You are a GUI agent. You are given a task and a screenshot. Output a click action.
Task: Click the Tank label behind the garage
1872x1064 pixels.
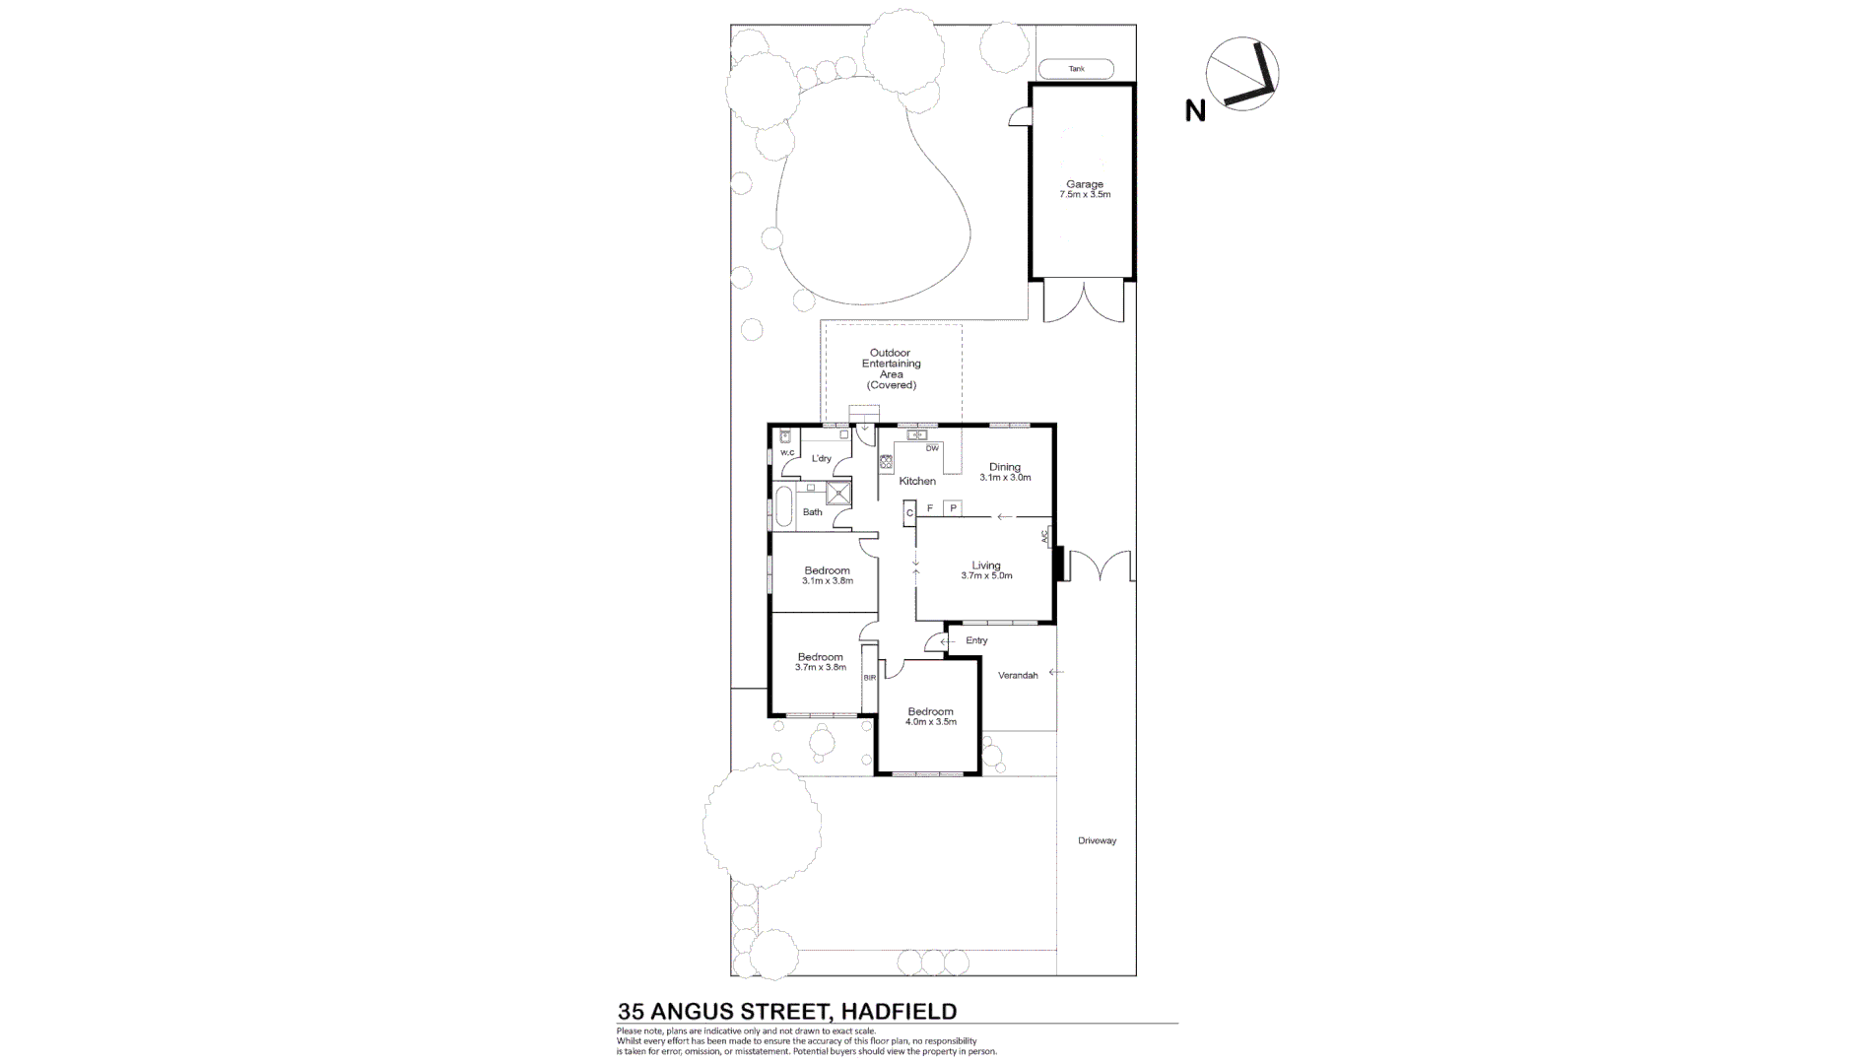pos(1076,69)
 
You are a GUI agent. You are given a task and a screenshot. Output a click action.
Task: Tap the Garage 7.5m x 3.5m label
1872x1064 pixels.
pos(1084,189)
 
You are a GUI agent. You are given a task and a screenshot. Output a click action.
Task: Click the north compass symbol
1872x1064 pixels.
pos(1242,76)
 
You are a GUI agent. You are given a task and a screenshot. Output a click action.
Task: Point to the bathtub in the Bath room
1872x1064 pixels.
pos(784,506)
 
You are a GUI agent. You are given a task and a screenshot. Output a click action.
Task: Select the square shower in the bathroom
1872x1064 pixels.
pos(838,493)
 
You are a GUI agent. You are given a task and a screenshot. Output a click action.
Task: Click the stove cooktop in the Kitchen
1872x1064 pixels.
pos(886,459)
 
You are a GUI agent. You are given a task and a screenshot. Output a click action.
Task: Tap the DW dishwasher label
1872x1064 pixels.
pos(931,448)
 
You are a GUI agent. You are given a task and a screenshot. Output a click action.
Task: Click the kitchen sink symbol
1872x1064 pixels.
pos(917,434)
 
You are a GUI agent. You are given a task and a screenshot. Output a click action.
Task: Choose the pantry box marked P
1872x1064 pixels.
pos(953,508)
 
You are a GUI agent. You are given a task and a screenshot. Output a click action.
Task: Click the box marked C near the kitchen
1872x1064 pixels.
pos(909,512)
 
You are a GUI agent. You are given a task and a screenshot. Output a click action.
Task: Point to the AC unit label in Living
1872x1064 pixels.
pos(1044,537)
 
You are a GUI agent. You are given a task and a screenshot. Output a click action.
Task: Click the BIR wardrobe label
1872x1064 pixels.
pos(869,678)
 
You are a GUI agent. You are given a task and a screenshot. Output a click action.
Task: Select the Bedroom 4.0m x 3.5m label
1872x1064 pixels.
pos(930,716)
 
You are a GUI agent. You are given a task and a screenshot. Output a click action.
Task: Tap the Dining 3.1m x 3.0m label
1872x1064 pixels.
pos(1004,472)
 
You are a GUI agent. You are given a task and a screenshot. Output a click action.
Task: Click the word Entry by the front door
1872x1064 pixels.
pos(976,641)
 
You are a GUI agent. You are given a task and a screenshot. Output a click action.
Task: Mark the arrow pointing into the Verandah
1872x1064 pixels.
pos(1056,673)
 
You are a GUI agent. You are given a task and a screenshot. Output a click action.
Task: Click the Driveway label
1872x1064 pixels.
pos(1097,840)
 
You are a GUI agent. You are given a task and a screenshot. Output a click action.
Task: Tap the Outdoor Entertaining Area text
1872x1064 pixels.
pos(891,368)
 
